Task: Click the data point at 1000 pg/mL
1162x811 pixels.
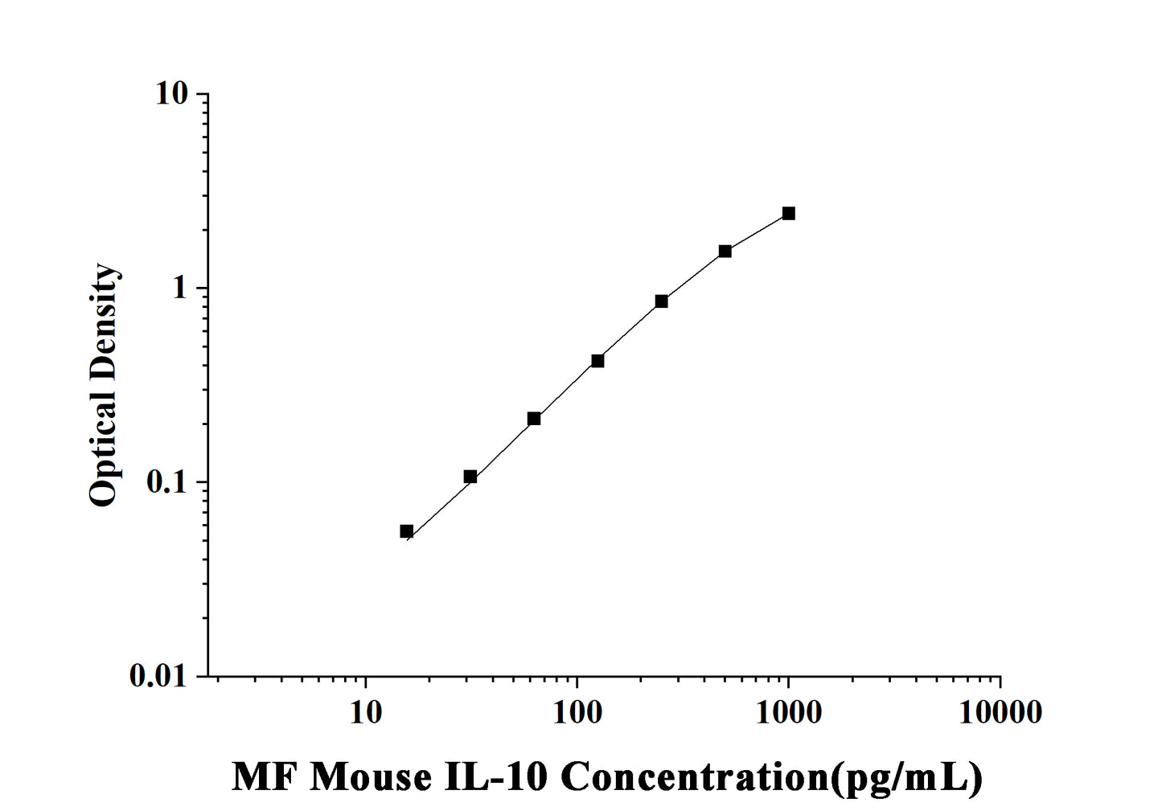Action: click(789, 213)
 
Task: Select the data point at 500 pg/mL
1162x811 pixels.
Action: click(725, 252)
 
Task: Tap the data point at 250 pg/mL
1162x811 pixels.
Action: click(662, 301)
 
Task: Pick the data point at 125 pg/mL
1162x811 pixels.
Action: click(597, 361)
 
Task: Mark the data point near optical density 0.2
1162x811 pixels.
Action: click(534, 419)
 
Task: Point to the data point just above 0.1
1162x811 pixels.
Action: click(470, 477)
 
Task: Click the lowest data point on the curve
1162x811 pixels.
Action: click(407, 531)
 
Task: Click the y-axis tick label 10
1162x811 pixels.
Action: click(174, 94)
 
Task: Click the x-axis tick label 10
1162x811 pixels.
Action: click(366, 711)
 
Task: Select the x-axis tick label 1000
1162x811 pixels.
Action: click(788, 711)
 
